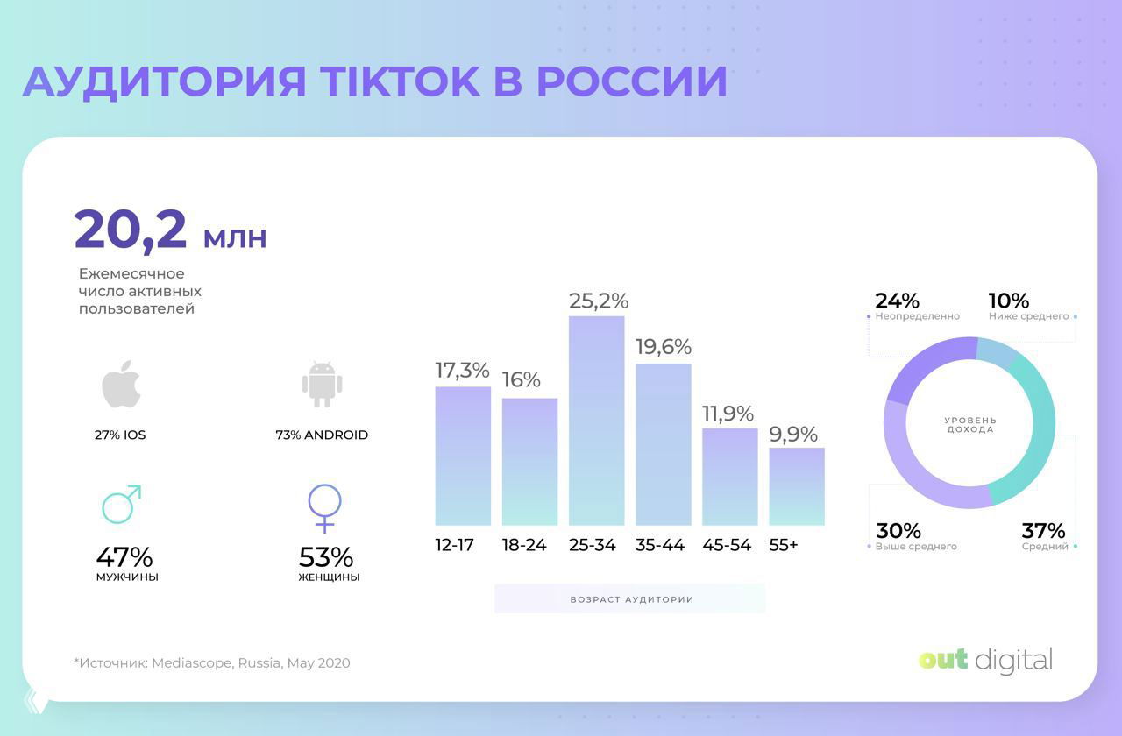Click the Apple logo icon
[121, 384]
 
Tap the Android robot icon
[322, 384]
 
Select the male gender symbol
[121, 504]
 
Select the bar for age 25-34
[596, 421]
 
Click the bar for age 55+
[797, 486]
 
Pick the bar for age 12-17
[463, 456]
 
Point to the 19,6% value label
[664, 347]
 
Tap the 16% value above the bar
[521, 380]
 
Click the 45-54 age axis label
[727, 545]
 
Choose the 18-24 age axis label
[524, 545]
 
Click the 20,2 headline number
[131, 230]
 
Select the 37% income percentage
[1043, 530]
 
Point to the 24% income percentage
[897, 301]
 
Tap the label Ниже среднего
[1028, 316]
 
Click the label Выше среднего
[916, 547]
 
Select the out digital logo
[985, 660]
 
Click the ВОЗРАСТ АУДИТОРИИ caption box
[630, 599]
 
